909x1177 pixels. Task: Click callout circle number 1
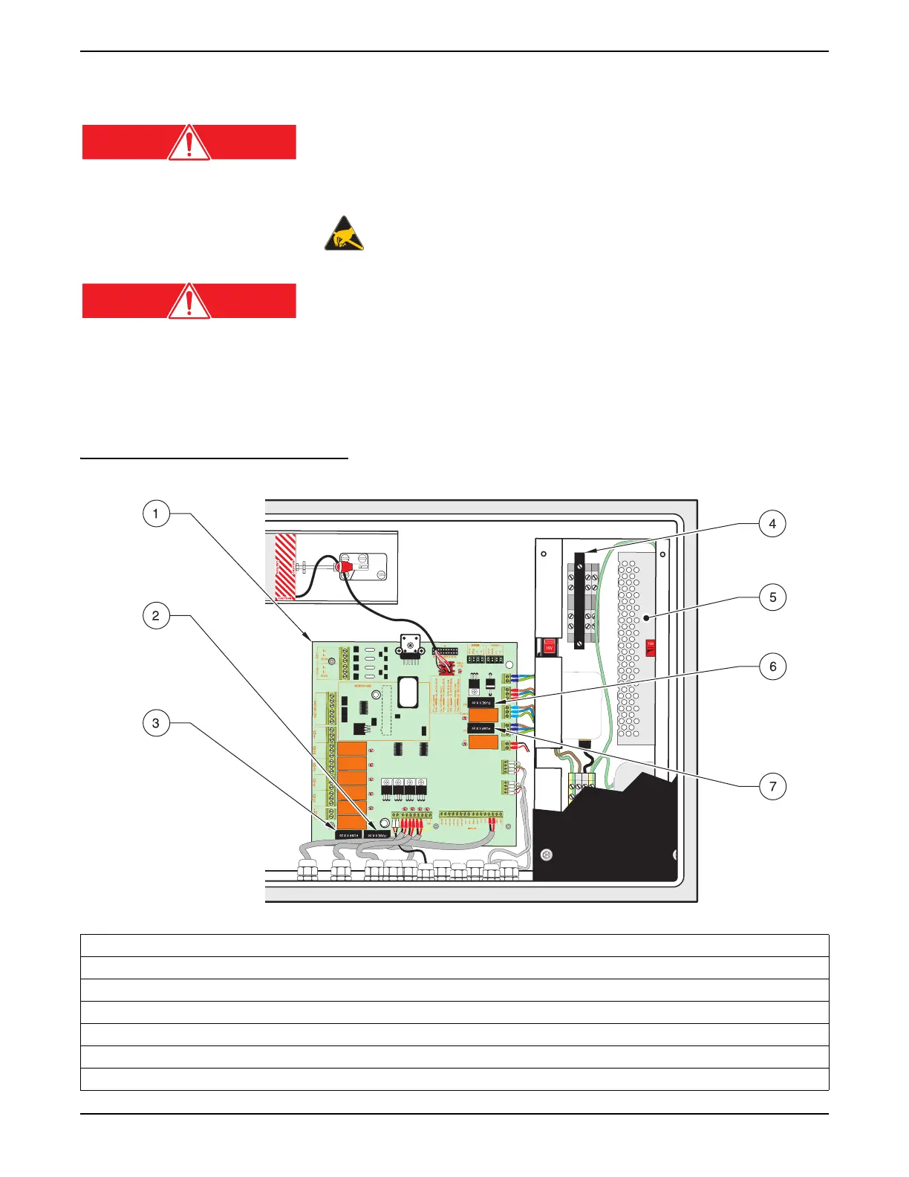(155, 513)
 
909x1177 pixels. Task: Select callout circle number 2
(155, 615)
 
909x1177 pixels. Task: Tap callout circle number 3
(155, 723)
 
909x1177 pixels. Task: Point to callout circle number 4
(772, 524)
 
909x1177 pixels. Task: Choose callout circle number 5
(772, 597)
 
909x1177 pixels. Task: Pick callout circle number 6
(772, 667)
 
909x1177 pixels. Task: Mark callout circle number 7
(772, 786)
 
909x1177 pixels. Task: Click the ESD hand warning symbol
(344, 233)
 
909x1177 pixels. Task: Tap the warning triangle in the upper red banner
(189, 142)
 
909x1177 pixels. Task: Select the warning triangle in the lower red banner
(189, 301)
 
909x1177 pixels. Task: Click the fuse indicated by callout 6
(482, 701)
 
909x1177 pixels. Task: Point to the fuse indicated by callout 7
(482, 728)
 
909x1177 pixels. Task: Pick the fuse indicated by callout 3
(349, 834)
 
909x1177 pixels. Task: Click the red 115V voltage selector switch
(550, 646)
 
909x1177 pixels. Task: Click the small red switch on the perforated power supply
(651, 648)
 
